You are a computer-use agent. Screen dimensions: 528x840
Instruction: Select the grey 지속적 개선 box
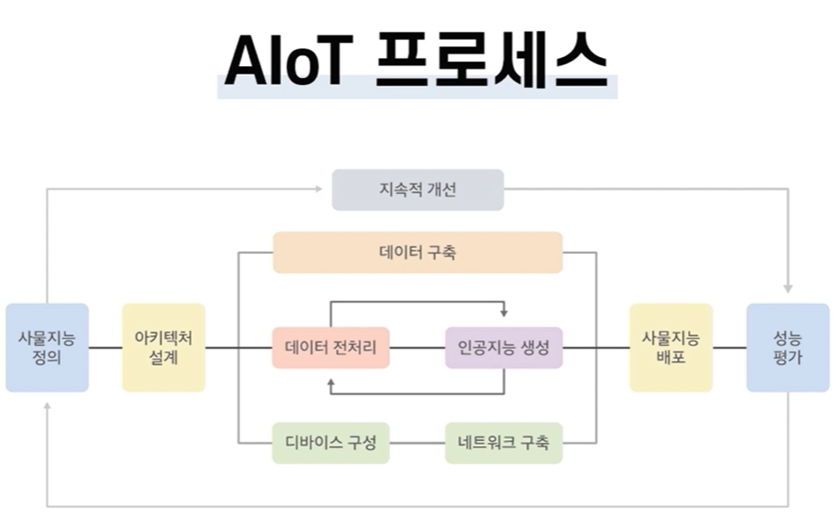point(417,190)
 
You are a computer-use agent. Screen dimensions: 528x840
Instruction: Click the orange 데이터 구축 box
point(417,252)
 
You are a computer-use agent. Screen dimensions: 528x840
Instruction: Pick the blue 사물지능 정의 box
point(47,348)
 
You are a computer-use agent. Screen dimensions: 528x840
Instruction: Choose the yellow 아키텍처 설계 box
point(164,348)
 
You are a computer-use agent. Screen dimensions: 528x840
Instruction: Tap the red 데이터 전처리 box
point(330,348)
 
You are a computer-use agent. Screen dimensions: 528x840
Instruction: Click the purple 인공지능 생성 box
point(504,348)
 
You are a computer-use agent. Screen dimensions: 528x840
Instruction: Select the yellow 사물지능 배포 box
point(671,348)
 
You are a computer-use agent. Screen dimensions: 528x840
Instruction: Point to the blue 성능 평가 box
point(787,348)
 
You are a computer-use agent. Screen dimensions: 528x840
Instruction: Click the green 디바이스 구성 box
point(330,444)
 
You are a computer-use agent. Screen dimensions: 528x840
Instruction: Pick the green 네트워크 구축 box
point(504,444)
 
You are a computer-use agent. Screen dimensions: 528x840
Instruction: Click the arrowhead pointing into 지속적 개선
point(319,189)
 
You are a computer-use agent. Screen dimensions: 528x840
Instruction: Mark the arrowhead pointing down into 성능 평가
point(787,288)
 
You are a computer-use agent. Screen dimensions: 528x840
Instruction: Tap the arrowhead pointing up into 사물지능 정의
point(47,407)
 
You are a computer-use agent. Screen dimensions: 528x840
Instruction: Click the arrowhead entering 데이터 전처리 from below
point(331,384)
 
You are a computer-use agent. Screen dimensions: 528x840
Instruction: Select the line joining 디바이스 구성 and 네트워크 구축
point(417,444)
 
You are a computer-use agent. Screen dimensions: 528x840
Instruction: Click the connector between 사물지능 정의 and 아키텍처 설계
point(106,348)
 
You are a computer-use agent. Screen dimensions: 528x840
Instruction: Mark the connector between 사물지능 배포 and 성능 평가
point(730,348)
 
